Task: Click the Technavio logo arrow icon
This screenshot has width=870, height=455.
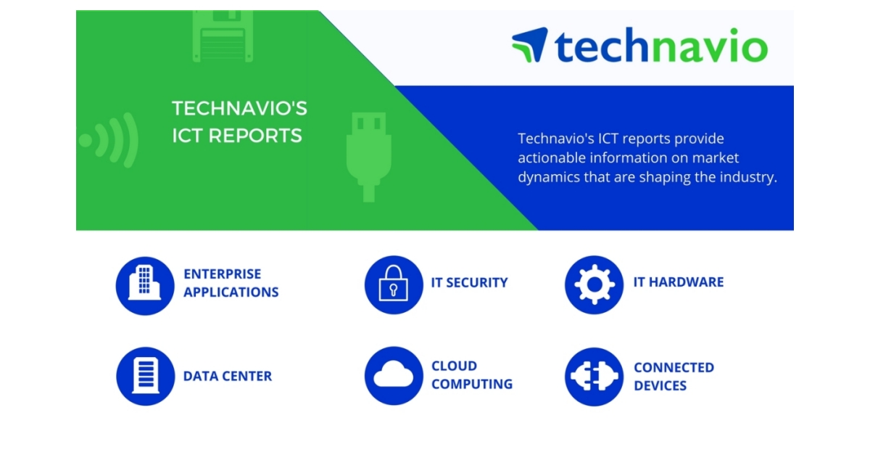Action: [x=530, y=45]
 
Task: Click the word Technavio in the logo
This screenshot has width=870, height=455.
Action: [x=660, y=46]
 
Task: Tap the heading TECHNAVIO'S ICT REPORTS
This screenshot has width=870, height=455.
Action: [x=239, y=122]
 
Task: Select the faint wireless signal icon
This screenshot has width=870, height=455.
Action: [x=109, y=139]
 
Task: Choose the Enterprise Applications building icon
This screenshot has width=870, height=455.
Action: [x=146, y=284]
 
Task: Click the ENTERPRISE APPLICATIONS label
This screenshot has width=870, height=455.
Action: [x=231, y=283]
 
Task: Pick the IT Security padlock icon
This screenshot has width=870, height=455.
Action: [x=394, y=284]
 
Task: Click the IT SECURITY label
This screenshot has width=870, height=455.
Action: [x=469, y=283]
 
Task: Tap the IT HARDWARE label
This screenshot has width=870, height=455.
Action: [x=678, y=282]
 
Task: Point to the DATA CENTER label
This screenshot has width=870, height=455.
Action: [x=228, y=377]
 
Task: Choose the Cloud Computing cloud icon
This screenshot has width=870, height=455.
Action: [x=394, y=376]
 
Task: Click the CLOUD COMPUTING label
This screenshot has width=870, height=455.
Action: [x=471, y=375]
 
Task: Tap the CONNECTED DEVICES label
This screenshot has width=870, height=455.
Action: [x=674, y=376]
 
